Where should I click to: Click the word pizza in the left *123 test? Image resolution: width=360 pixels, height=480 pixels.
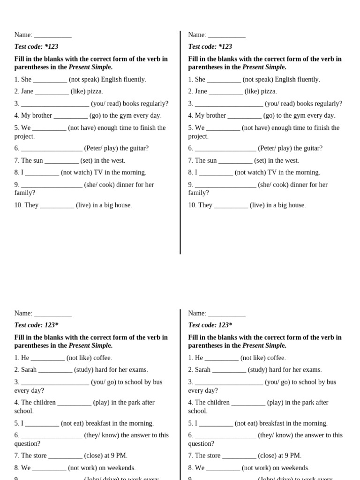click(x=95, y=91)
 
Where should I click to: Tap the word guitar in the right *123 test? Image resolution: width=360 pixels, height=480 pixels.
click(x=311, y=148)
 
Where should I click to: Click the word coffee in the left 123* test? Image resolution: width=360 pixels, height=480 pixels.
click(x=103, y=358)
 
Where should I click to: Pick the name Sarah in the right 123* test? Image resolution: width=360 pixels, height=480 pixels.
click(x=202, y=370)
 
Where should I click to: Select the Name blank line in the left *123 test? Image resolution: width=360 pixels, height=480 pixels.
click(x=53, y=35)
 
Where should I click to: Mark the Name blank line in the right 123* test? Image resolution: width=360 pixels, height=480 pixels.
click(x=227, y=314)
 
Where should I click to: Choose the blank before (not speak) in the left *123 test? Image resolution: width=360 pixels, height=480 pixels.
click(x=50, y=80)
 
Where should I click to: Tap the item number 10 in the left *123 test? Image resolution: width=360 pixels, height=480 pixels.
click(x=18, y=205)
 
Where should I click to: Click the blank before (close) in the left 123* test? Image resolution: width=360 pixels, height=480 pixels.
click(x=65, y=456)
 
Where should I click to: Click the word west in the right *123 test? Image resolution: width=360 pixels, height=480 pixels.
click(x=291, y=160)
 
